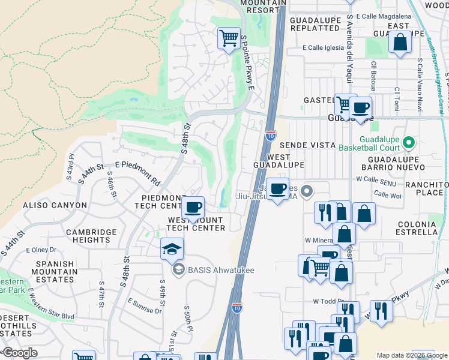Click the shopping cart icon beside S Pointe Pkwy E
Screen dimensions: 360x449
click(x=229, y=38)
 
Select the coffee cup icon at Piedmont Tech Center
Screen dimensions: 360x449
click(x=193, y=208)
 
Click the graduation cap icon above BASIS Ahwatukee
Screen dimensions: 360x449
click(x=172, y=249)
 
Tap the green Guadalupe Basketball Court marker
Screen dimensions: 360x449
click(x=409, y=142)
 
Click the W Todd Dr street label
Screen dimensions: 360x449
click(x=327, y=301)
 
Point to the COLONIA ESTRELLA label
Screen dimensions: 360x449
click(x=417, y=228)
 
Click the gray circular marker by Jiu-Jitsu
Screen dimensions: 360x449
click(x=307, y=191)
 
